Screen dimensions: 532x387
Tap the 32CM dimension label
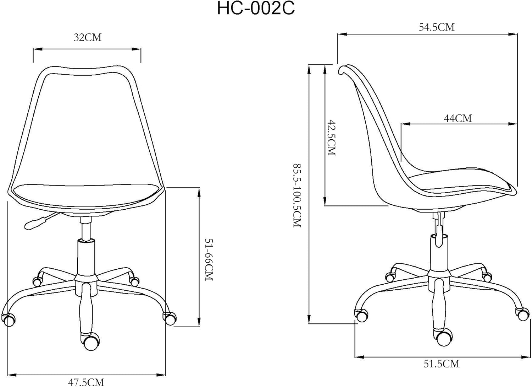click(x=87, y=38)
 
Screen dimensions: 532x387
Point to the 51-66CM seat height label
click(x=209, y=259)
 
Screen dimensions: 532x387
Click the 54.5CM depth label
click(x=437, y=27)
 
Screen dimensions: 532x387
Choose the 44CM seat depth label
click(x=458, y=118)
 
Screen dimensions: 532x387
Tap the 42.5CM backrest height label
click(x=332, y=138)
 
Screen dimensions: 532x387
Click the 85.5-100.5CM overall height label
click(x=297, y=195)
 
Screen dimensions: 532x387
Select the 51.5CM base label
click(x=442, y=371)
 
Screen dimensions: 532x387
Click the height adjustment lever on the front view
click(x=40, y=221)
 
